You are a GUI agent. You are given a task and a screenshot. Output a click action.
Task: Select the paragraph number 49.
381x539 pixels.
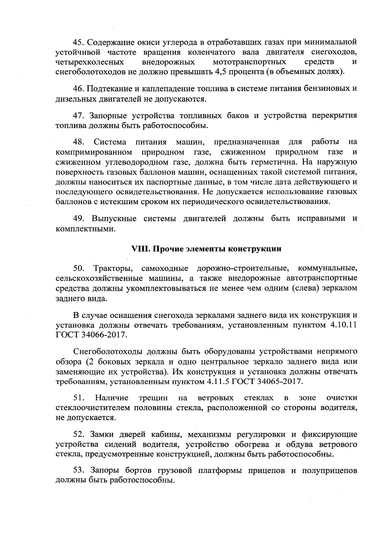79,219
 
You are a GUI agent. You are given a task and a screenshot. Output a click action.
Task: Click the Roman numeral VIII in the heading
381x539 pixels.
141,249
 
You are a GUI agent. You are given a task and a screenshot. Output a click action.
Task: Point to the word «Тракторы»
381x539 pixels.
115,269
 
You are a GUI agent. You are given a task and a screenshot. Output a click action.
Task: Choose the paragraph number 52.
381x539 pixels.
79,434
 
